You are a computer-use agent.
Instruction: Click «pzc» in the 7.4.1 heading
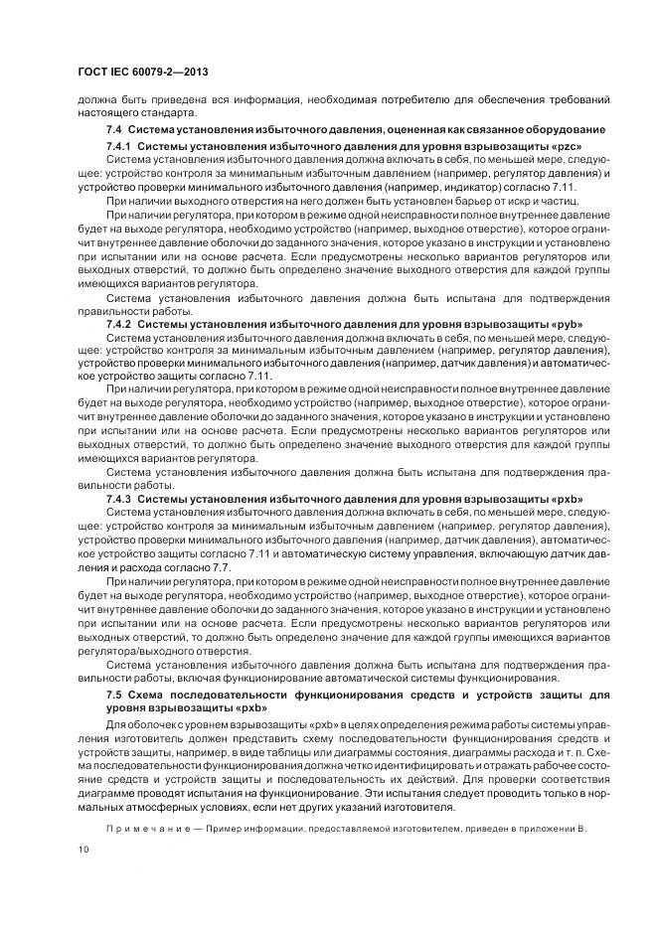(562, 146)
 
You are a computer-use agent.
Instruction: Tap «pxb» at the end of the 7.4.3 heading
(564, 499)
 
